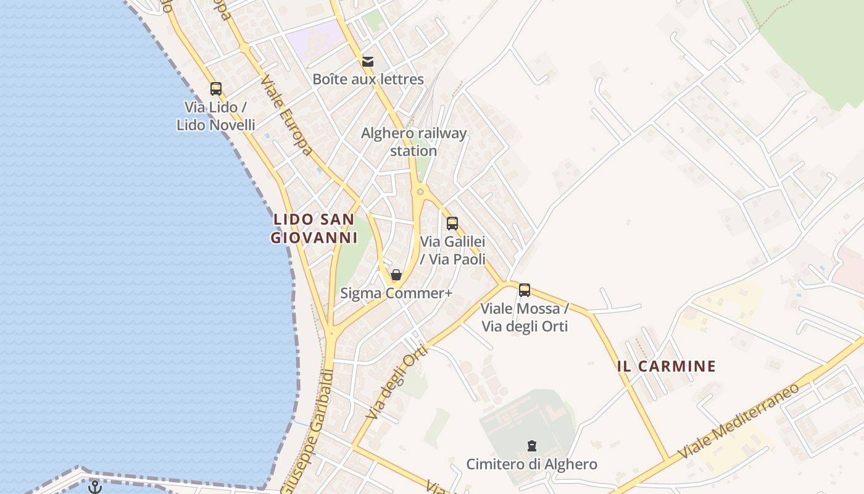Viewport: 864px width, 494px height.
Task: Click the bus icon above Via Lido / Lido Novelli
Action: [215, 88]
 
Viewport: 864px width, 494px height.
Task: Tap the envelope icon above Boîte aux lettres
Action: [368, 61]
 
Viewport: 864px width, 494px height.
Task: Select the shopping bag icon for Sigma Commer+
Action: [396, 275]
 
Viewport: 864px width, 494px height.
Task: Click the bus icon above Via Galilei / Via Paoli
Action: [452, 224]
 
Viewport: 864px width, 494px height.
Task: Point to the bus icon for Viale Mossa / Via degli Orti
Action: [525, 290]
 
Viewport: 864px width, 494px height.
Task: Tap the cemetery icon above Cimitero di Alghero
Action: [531, 446]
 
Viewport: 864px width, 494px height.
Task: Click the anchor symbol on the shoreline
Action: [94, 487]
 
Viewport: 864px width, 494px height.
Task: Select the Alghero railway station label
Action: [413, 142]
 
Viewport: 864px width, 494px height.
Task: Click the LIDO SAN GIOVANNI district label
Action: [314, 228]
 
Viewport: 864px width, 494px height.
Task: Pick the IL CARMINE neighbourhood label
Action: [667, 366]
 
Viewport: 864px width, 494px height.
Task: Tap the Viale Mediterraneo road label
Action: [739, 421]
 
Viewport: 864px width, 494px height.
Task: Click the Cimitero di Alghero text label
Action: [531, 464]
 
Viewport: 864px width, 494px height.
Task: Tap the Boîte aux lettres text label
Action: [368, 79]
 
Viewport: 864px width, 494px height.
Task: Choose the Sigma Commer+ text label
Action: [396, 293]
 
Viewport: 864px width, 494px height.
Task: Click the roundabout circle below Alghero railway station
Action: [420, 191]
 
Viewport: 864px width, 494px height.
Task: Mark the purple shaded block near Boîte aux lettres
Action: [315, 40]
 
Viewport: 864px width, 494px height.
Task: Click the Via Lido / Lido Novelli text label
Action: [215, 115]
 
